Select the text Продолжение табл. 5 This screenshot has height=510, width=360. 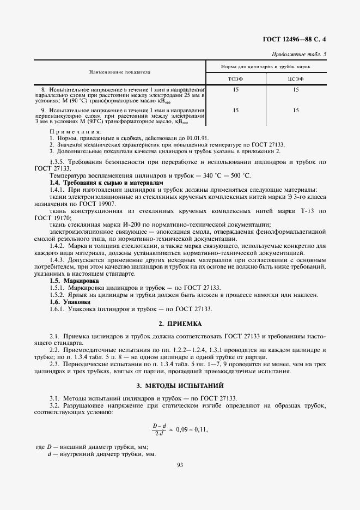point(299,54)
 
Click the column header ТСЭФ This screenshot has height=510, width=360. point(235,79)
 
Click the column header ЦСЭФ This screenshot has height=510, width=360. point(296,79)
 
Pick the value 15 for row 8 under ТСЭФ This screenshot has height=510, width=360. point(235,89)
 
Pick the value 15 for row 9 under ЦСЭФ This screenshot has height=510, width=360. point(296,111)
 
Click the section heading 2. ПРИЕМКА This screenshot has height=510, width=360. point(180,324)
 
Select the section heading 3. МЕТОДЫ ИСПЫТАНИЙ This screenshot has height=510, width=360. point(180,386)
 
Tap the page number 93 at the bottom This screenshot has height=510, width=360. point(180,464)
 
